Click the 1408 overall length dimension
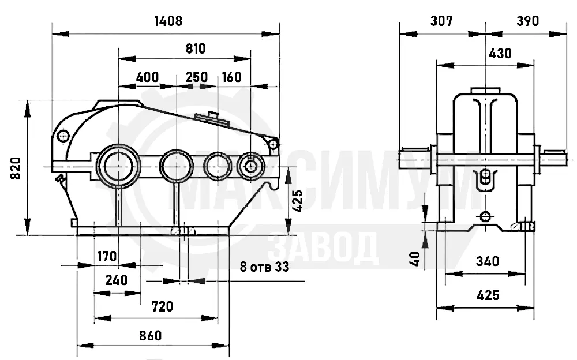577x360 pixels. (x=168, y=21)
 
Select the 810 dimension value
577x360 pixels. (x=196, y=48)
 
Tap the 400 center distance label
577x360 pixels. (x=147, y=77)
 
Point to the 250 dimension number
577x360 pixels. (x=197, y=77)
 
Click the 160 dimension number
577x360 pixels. (x=231, y=77)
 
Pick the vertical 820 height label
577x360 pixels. (x=16, y=168)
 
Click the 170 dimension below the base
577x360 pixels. (x=107, y=256)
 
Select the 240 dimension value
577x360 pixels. (x=117, y=280)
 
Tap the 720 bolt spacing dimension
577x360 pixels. (x=162, y=306)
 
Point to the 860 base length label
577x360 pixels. (x=151, y=336)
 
